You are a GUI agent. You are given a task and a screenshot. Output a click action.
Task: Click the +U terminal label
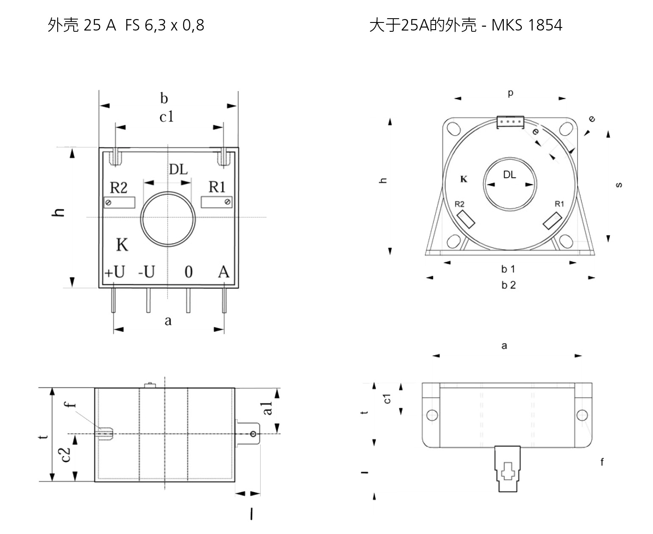tap(114, 272)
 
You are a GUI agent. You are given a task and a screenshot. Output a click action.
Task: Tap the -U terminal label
tap(147, 272)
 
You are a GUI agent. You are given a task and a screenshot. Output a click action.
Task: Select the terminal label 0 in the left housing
tap(189, 272)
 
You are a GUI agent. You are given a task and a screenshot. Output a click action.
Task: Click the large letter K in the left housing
tap(122, 245)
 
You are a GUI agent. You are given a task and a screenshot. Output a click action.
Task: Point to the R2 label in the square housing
tap(119, 187)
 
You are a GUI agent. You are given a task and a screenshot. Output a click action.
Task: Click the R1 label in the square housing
tap(217, 187)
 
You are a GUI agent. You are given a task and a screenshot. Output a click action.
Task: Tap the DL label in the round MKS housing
tap(510, 175)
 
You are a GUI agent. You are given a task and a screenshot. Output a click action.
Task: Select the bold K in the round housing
tap(464, 179)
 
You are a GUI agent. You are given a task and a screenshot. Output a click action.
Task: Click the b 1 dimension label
tap(508, 269)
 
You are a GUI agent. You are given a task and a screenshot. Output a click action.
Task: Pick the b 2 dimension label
tap(509, 285)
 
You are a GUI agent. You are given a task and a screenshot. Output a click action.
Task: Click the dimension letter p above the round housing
tap(511, 93)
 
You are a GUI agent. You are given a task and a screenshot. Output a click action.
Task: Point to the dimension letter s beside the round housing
tap(619, 185)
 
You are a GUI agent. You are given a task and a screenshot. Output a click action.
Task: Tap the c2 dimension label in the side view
tap(66, 454)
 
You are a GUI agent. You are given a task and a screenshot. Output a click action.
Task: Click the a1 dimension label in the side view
tap(267, 408)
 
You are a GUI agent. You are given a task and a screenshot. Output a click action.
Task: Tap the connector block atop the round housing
tap(510, 122)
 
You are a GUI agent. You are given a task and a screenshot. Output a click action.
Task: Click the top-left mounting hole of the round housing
tap(454, 128)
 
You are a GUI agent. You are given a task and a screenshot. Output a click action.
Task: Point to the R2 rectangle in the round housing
tap(465, 219)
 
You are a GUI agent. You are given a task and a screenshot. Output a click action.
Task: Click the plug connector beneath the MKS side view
tap(508, 469)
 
